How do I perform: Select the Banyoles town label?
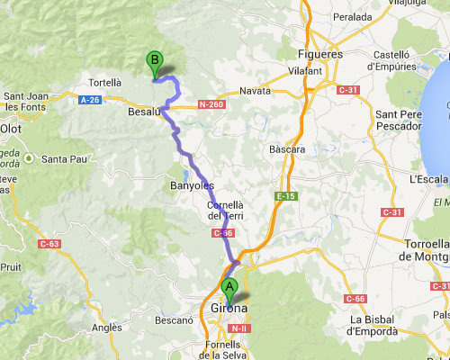coord(192,185)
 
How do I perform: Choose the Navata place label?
coord(256,91)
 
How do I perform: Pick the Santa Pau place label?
coord(63,159)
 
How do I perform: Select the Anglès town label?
coord(107,328)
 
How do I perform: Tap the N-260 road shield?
coord(211,104)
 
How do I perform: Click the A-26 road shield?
coord(90,100)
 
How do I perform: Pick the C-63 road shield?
coord(49,243)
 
